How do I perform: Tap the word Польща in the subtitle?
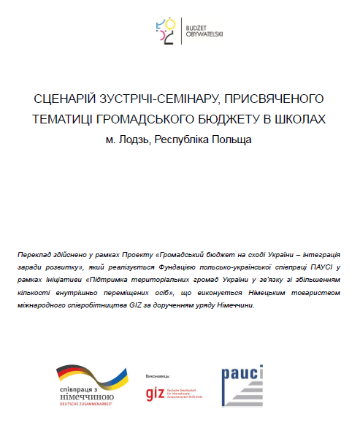pyautogui.click(x=233, y=139)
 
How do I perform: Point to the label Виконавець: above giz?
pyautogui.click(x=159, y=373)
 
